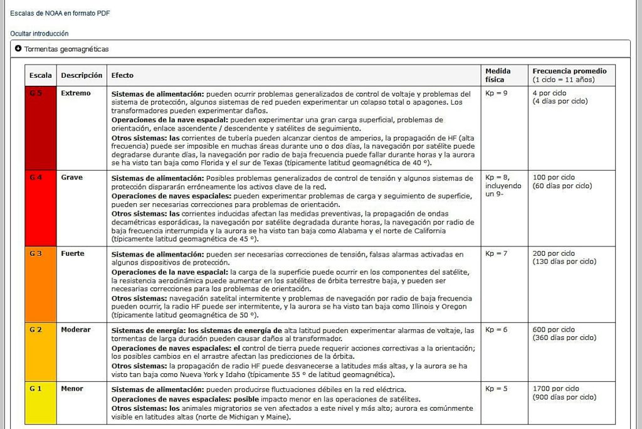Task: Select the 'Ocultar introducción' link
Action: [39, 33]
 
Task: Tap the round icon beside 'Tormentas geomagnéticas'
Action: [18, 48]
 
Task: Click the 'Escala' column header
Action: [41, 75]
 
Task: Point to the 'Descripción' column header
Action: [82, 75]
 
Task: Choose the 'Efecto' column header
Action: [122, 75]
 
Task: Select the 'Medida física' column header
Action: [498, 75]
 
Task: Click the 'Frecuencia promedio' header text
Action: [569, 71]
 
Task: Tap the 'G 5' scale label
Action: [36, 93]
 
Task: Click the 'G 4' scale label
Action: [36, 177]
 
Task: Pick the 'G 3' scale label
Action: [36, 253]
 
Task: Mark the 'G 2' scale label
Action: [36, 330]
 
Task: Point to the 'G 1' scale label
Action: [36, 389]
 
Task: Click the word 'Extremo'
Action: [76, 93]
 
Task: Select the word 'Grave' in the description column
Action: [72, 177]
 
